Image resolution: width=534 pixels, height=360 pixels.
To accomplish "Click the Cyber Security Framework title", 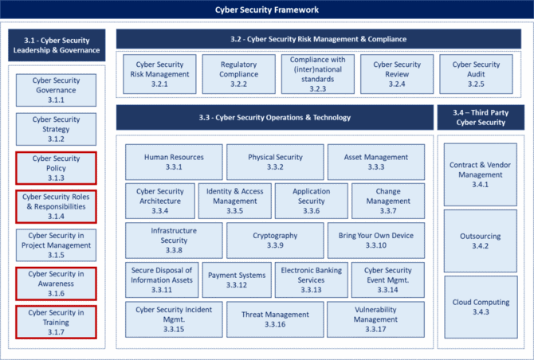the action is pos(267,10).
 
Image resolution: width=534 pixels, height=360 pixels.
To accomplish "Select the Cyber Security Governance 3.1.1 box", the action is pos(56,90).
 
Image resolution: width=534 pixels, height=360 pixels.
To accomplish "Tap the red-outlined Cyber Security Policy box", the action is pos(56,168).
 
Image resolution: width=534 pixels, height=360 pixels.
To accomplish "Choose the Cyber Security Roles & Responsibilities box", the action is pos(56,206).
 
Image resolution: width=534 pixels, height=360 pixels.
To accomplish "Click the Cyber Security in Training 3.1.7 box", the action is pos(56,323).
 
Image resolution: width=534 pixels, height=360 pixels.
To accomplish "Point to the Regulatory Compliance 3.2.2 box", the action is pos(239,74).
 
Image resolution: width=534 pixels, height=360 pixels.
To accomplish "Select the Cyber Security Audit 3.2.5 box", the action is pos(476,74).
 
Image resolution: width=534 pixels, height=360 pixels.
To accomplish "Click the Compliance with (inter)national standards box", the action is pos(318,74).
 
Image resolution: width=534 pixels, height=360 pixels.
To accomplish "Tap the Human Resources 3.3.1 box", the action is pos(174,162).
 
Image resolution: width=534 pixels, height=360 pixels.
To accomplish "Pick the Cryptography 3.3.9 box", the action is pos(275,241).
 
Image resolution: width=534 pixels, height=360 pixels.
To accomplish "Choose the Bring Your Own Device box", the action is pos(376,241).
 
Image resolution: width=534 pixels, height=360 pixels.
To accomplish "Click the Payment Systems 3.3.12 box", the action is pos(237,280).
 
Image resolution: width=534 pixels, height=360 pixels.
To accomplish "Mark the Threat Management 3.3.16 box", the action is pos(275,319).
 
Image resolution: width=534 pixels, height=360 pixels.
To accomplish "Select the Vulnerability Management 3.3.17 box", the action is pos(375,319).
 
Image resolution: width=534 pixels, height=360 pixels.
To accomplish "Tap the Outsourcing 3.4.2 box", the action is pos(480,241).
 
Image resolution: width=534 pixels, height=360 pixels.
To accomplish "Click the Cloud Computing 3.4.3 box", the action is pos(481,307).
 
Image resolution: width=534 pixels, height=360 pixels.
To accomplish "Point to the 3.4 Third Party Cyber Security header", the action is pos(481,117).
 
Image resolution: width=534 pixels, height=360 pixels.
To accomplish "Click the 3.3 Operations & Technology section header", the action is pos(275,117).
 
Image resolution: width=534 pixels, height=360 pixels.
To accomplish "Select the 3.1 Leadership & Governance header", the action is pos(57,45).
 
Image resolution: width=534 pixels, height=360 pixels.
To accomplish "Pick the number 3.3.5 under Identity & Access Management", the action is pos(235,211).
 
